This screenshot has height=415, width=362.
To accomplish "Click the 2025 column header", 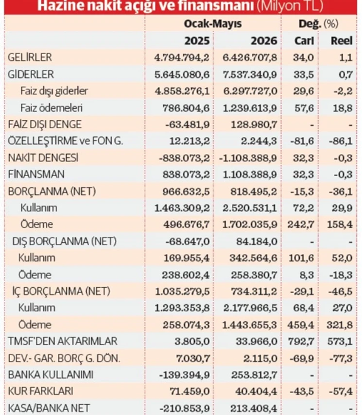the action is (x=197, y=41).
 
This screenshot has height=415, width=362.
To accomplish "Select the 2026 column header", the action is (x=264, y=41).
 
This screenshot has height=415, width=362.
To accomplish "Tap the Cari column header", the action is (x=304, y=41).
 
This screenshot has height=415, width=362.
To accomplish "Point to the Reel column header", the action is (x=341, y=41).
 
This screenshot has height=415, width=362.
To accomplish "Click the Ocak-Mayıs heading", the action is (x=213, y=24).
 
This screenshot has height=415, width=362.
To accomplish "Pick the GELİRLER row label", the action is (x=30, y=57).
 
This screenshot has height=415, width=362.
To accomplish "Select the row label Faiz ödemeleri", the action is (x=52, y=108).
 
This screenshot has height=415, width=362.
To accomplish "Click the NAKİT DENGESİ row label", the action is (x=43, y=158).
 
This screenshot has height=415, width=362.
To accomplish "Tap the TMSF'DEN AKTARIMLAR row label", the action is (x=62, y=341).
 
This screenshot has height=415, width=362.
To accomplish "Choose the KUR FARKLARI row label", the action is (x=40, y=391).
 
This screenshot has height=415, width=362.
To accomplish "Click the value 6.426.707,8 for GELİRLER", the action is (x=250, y=57).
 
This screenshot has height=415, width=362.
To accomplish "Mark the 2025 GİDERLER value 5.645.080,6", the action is (x=182, y=74).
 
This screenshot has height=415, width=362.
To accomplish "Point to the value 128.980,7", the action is (x=254, y=124).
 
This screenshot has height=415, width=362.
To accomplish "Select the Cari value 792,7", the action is (x=301, y=341).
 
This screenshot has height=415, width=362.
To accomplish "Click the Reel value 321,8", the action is (x=339, y=324).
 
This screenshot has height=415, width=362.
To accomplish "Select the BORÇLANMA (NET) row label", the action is (x=52, y=191).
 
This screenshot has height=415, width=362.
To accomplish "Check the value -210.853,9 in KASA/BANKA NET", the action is (x=184, y=408).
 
